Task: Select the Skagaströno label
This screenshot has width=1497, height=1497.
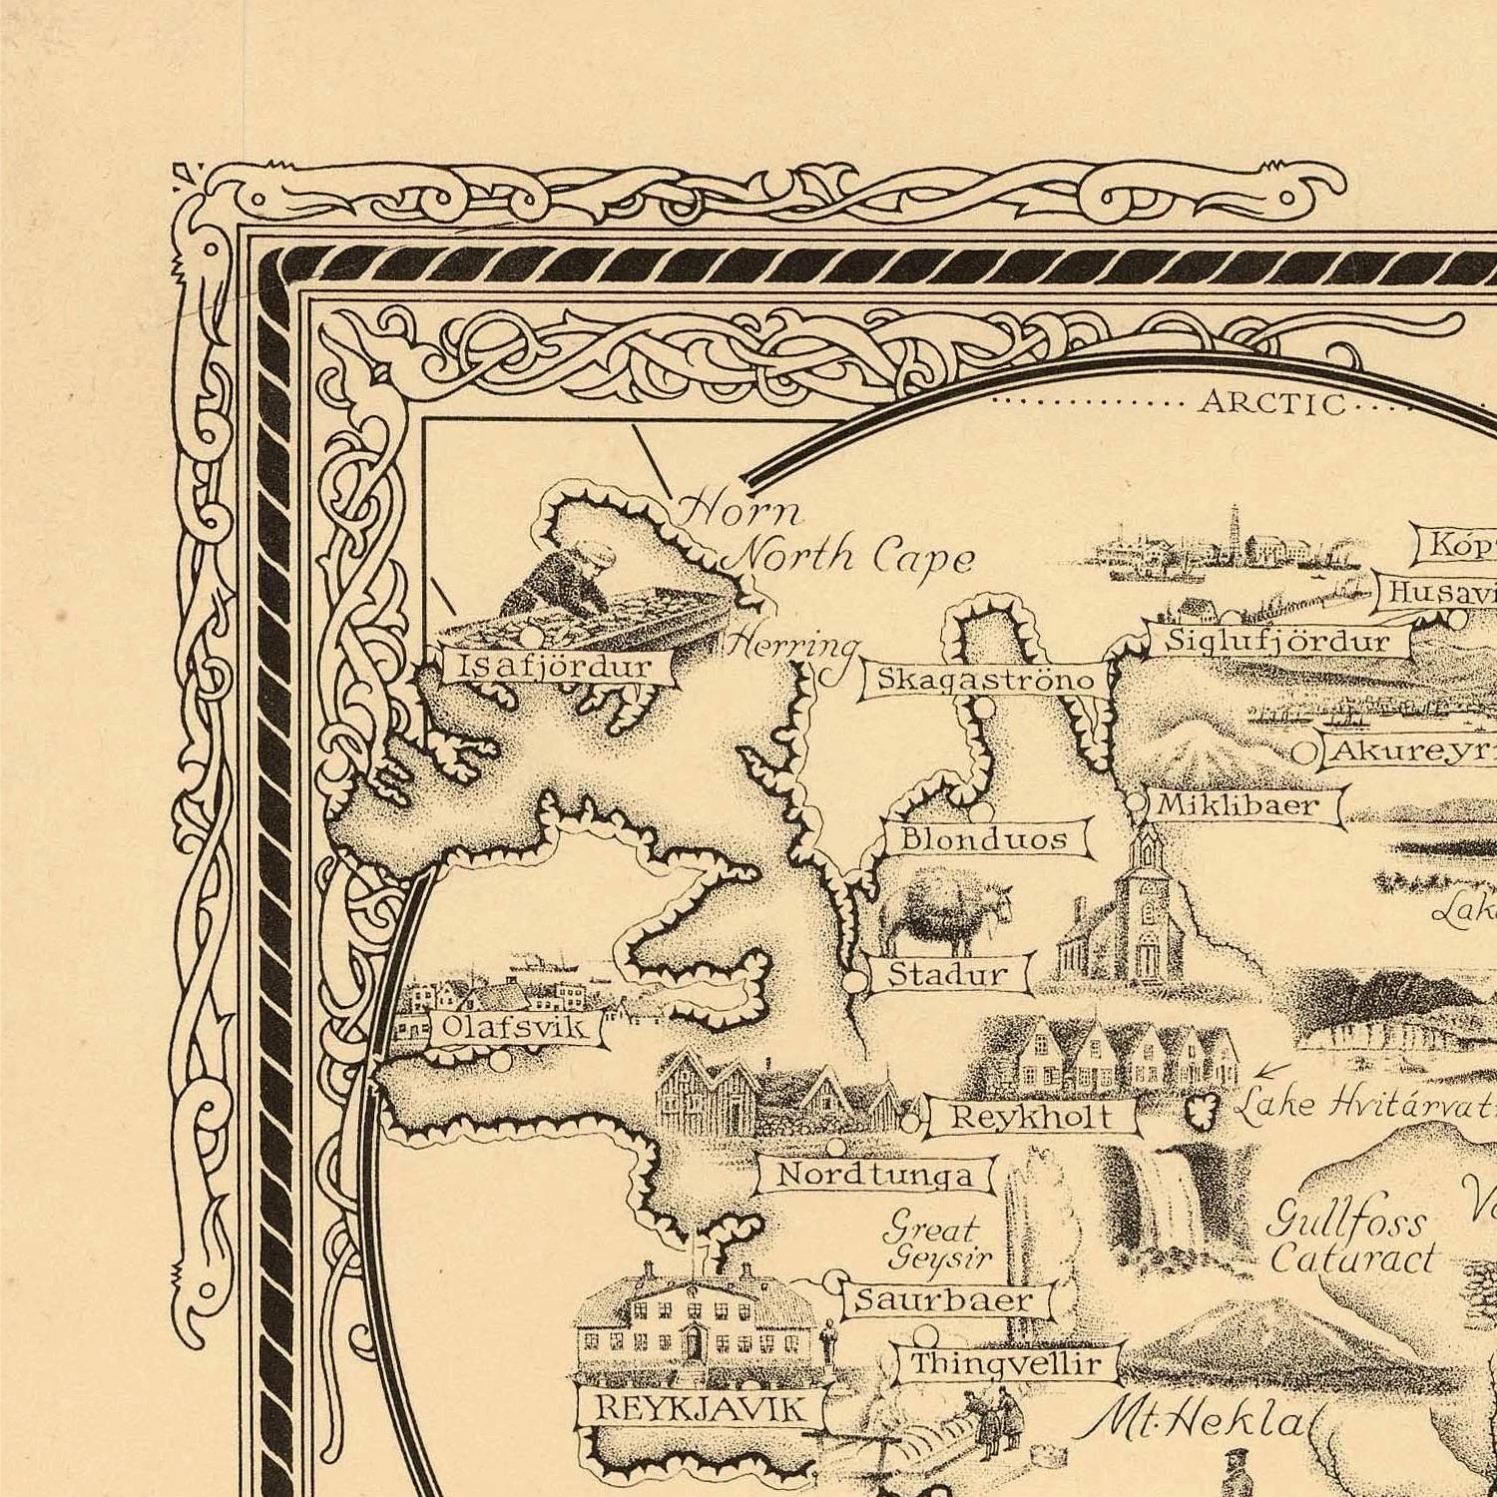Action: (x=985, y=680)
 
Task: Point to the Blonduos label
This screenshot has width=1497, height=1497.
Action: (x=985, y=838)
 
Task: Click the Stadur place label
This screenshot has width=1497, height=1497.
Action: (x=948, y=974)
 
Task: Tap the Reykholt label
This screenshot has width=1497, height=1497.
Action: (x=1031, y=1116)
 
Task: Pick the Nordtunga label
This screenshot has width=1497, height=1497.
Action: (x=874, y=1175)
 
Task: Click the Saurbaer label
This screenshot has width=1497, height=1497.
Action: (x=944, y=1299)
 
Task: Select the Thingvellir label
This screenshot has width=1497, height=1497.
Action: (x=1006, y=1364)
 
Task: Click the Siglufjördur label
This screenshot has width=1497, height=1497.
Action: (x=1277, y=641)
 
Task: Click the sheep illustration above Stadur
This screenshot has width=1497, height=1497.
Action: (x=943, y=916)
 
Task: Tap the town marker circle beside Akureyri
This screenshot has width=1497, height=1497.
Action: (x=1304, y=752)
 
